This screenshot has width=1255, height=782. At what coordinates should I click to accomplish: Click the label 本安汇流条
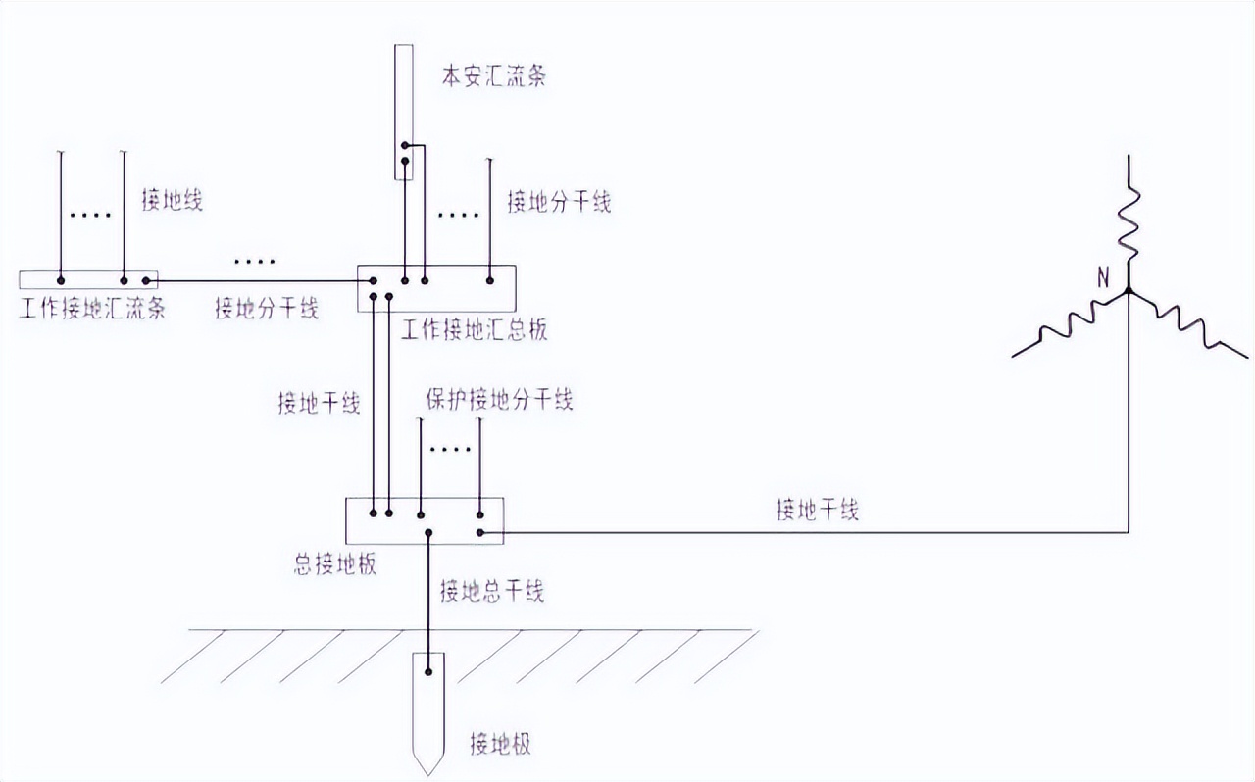493,76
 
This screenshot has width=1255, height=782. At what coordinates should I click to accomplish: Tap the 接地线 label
172,200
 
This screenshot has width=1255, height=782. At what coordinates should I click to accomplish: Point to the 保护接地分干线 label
499,399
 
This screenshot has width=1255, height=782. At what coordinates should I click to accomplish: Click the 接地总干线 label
491,590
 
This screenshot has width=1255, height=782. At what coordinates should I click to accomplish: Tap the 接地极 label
500,743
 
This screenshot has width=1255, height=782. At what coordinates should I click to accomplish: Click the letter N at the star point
1103,278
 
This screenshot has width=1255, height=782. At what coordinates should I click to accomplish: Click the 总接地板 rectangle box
425,520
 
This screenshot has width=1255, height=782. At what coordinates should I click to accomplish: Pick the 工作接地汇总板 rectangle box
435,288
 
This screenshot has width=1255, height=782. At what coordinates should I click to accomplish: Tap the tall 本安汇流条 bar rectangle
404,113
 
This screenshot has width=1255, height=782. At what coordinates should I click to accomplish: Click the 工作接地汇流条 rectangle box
88,280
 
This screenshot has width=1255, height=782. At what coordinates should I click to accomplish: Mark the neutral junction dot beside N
1129,291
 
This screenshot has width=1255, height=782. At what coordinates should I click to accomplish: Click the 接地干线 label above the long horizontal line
817,510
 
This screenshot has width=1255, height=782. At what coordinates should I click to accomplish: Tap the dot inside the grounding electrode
428,672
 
